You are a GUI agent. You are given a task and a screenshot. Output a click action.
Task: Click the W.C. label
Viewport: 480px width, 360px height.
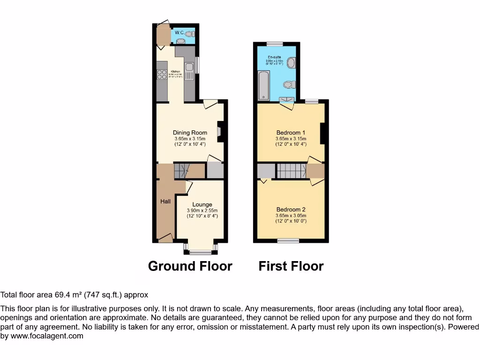(179, 32)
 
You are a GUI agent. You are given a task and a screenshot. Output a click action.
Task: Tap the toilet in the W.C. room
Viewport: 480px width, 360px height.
(189, 33)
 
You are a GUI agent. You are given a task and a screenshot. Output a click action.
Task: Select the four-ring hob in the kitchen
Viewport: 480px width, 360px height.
(162, 74)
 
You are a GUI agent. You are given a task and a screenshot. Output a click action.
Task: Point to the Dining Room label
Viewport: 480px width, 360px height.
(190, 133)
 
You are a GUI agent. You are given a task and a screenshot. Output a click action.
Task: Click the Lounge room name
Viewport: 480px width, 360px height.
(202, 204)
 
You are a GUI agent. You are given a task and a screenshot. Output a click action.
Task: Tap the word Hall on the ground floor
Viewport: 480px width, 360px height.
(165, 201)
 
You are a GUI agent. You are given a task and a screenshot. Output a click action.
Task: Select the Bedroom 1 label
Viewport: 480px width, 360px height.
(291, 133)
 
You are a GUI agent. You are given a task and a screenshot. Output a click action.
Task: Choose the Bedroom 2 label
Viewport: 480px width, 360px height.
(291, 210)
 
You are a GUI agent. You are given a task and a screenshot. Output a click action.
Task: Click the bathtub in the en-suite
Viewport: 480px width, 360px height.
(263, 86)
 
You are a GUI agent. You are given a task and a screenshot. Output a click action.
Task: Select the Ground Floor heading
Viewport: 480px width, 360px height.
(190, 266)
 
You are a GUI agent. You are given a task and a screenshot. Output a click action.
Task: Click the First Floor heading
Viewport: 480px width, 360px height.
(291, 266)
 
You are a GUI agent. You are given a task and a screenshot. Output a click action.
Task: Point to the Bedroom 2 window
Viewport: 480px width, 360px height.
(288, 240)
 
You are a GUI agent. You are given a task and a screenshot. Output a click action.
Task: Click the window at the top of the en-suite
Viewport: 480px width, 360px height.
(275, 44)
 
